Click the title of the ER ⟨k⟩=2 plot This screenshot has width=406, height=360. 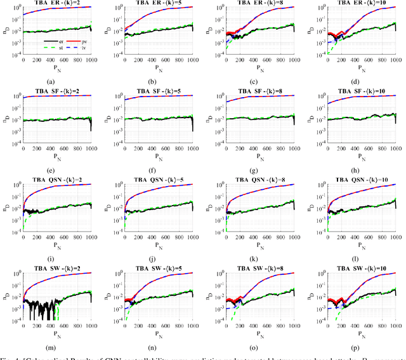[58, 3]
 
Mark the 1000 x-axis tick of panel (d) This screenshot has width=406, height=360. [396, 60]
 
